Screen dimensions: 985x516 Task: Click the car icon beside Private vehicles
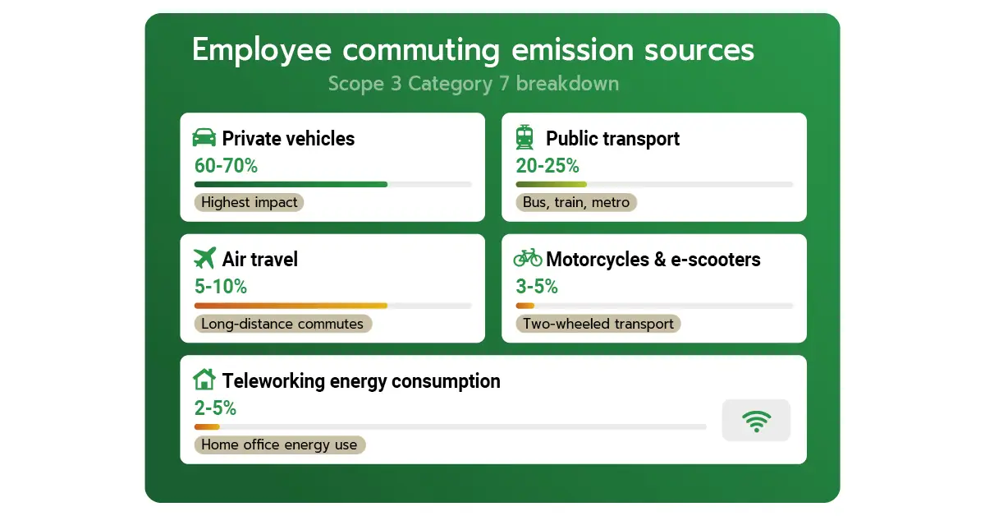pyautogui.click(x=204, y=137)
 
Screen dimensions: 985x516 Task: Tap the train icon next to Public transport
pyautogui.click(x=525, y=137)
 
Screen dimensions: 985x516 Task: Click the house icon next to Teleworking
pyautogui.click(x=204, y=379)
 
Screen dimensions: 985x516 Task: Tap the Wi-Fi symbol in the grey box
pyautogui.click(x=756, y=421)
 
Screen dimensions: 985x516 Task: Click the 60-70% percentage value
pyautogui.click(x=226, y=165)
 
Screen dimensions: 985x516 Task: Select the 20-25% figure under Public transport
pyautogui.click(x=547, y=165)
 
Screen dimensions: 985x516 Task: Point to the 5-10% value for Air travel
pyautogui.click(x=221, y=287)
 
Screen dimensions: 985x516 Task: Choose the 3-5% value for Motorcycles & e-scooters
pyautogui.click(x=537, y=287)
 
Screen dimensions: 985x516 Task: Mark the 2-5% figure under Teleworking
pyautogui.click(x=215, y=408)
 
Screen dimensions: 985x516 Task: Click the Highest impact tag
pyautogui.click(x=249, y=202)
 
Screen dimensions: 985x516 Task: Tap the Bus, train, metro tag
pyautogui.click(x=576, y=202)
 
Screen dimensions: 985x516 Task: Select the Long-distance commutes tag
pyautogui.click(x=282, y=324)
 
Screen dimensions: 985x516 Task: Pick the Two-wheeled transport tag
pyautogui.click(x=598, y=324)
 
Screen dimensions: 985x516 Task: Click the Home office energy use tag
pyautogui.click(x=279, y=445)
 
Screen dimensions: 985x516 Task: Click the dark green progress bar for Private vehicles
pyautogui.click(x=291, y=185)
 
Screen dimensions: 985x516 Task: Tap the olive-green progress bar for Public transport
pyautogui.click(x=551, y=185)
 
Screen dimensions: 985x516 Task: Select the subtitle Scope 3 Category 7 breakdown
pyautogui.click(x=474, y=84)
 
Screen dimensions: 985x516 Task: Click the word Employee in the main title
pyautogui.click(x=262, y=51)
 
